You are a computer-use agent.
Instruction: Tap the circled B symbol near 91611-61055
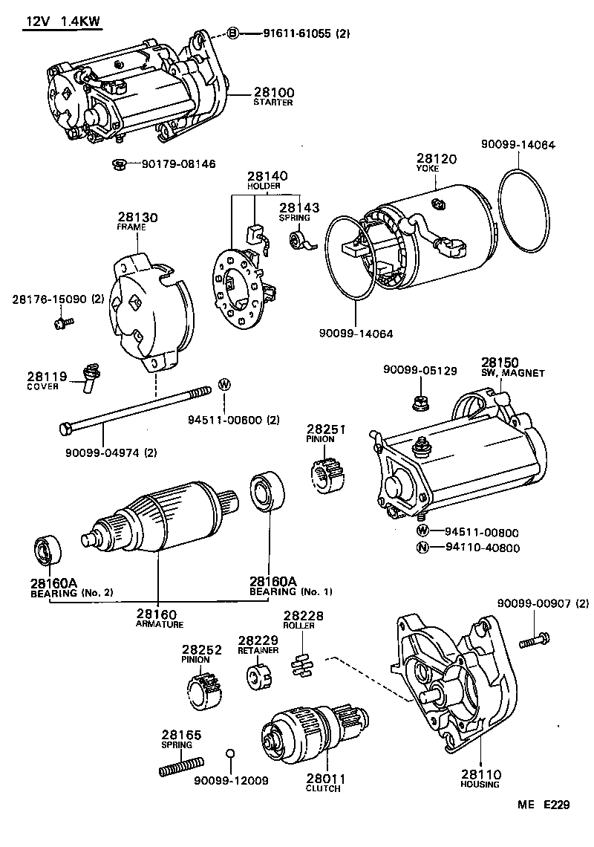pyautogui.click(x=232, y=33)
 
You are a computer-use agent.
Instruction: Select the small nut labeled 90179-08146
pyautogui.click(x=117, y=163)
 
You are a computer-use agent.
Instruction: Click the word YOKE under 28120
pyautogui.click(x=428, y=169)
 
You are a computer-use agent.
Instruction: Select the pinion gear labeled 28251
pyautogui.click(x=326, y=473)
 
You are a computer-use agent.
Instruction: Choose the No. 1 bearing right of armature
pyautogui.click(x=264, y=491)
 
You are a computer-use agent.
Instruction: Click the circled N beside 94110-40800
pyautogui.click(x=422, y=548)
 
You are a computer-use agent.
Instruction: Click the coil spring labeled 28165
pyautogui.click(x=182, y=765)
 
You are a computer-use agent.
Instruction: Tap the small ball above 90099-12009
pyautogui.click(x=230, y=756)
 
